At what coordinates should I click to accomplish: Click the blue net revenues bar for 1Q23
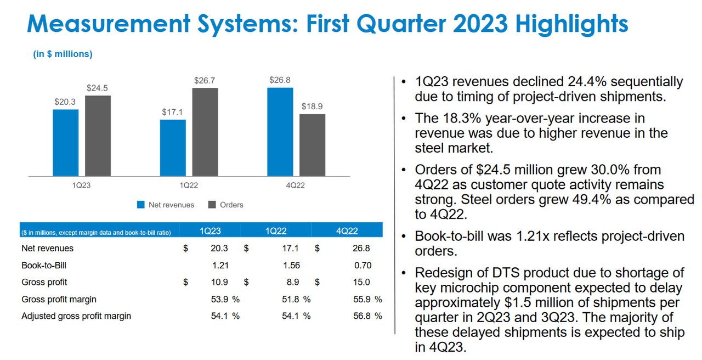(65, 143)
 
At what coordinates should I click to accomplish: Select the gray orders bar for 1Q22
(205, 132)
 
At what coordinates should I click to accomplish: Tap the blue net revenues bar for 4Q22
(280, 132)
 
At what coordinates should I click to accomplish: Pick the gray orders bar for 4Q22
(312, 145)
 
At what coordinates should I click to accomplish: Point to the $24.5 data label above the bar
(98, 88)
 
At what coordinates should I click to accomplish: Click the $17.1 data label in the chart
(173, 112)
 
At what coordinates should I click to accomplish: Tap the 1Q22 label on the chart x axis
(189, 185)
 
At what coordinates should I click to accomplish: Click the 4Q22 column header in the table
(347, 231)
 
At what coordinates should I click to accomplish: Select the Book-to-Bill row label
(44, 265)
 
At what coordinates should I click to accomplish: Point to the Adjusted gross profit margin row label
(76, 316)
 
